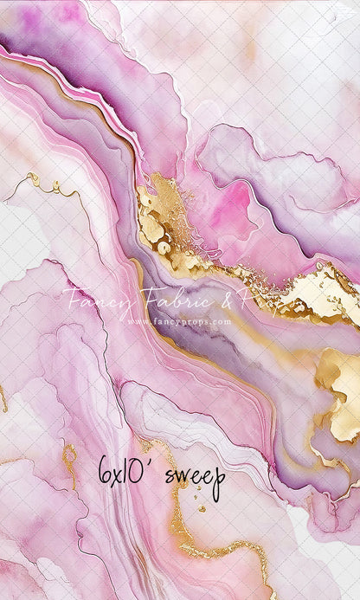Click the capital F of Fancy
(71, 299)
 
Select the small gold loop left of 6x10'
(67, 453)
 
